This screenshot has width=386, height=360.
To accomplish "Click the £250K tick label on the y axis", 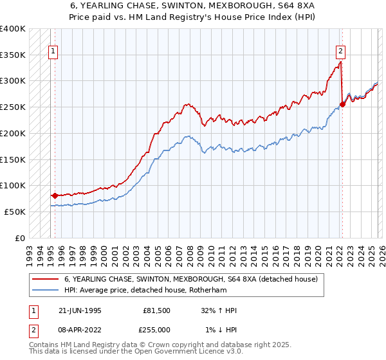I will (x=13, y=107).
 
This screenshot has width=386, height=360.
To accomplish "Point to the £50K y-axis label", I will (x=15, y=212).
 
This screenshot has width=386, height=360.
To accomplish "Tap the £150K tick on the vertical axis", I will (x=13, y=159).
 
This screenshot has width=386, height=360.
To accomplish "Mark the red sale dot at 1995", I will (x=55, y=195).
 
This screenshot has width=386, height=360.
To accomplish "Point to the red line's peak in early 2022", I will (x=340, y=62).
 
